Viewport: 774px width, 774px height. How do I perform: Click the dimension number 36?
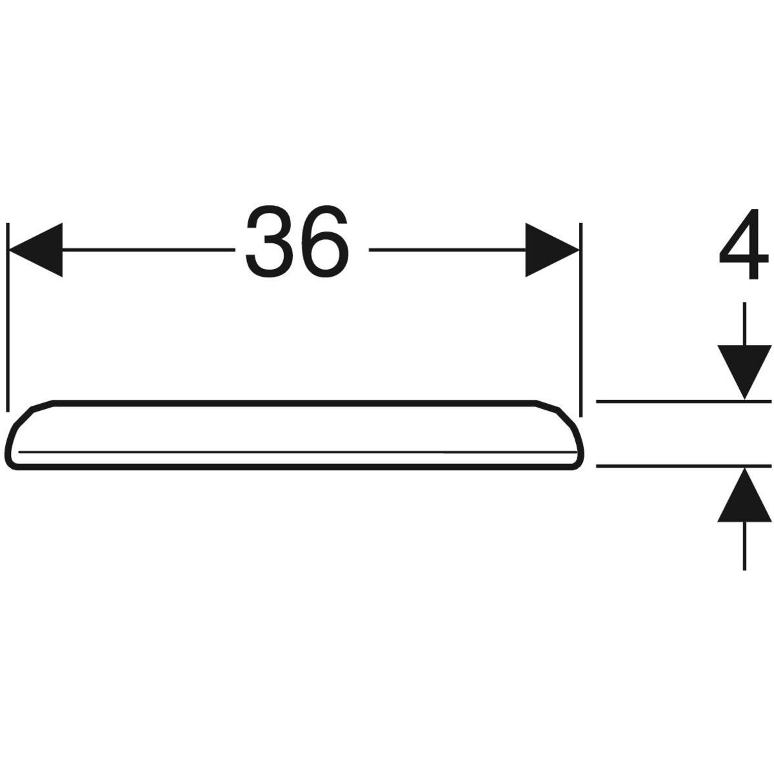[x=297, y=241]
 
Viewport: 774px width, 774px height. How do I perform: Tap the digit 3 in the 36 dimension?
[x=270, y=241]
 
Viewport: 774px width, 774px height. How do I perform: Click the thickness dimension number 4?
[x=743, y=244]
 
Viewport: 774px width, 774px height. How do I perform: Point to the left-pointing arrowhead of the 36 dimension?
[x=35, y=250]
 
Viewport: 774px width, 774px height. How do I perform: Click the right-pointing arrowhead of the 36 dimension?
[x=552, y=250]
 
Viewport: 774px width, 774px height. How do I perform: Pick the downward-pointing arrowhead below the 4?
[x=744, y=372]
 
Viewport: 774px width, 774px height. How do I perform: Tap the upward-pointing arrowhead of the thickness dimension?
[x=744, y=495]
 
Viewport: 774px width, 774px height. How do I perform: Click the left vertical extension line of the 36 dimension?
[x=8, y=317]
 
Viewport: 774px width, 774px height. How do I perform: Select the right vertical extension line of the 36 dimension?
[x=580, y=320]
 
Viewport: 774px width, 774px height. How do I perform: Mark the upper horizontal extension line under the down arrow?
[x=684, y=401]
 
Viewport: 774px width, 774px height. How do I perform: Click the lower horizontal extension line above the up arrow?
[x=684, y=466]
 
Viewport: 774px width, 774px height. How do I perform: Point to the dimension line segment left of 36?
[x=148, y=250]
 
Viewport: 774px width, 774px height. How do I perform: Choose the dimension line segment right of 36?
[x=448, y=250]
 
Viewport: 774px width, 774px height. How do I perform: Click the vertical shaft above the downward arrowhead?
[x=744, y=324]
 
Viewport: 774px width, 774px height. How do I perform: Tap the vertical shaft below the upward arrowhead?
[x=744, y=546]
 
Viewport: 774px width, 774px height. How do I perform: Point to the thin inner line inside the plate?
[x=297, y=452]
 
